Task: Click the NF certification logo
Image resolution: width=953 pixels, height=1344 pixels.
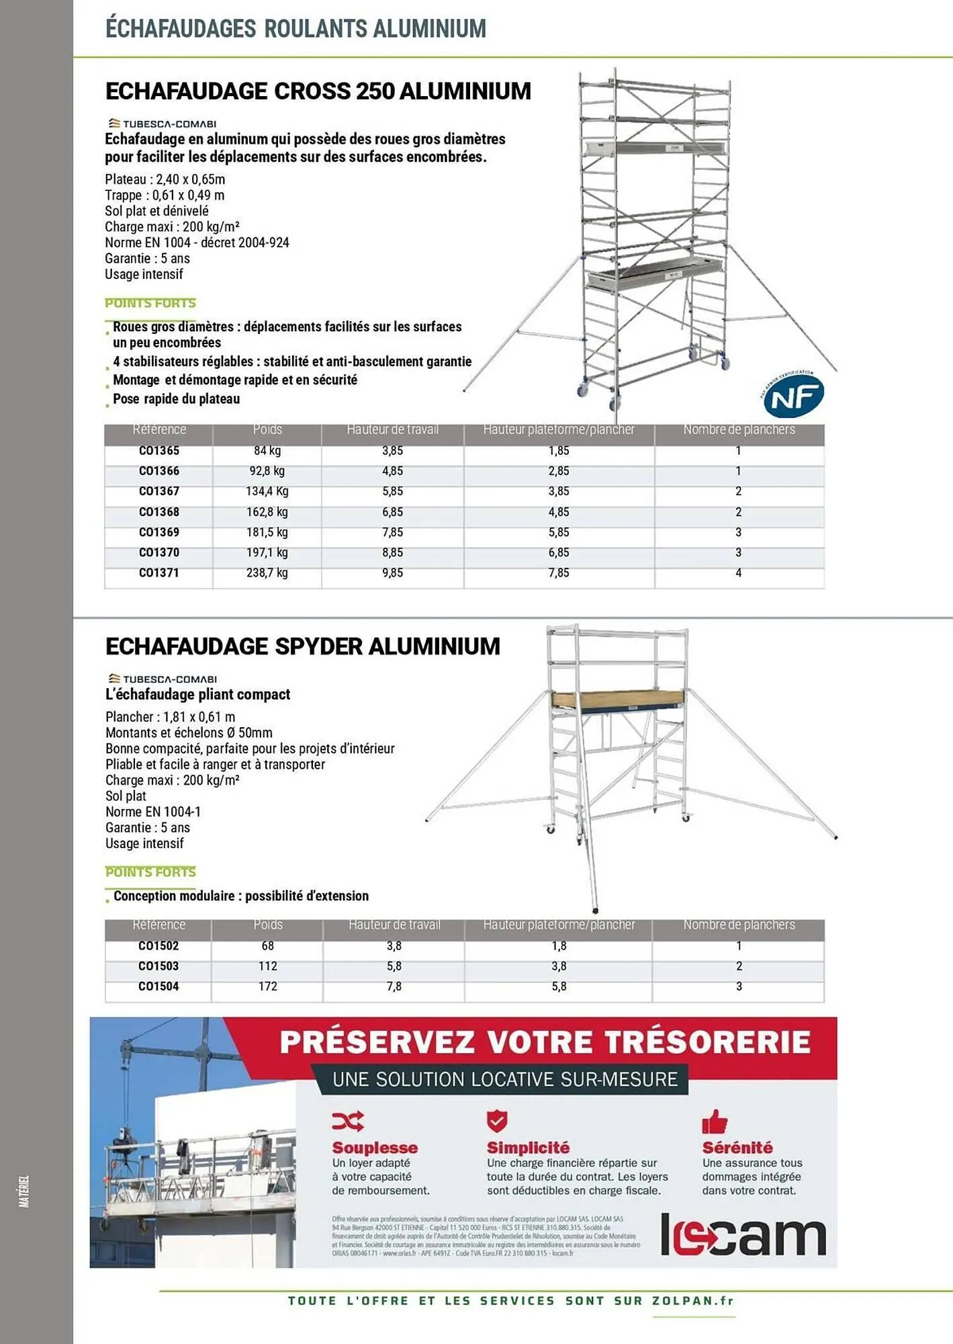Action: pos(793,396)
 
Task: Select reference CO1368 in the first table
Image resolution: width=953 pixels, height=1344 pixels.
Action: pos(159,512)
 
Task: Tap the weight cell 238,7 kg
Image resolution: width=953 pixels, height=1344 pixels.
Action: pos(267,573)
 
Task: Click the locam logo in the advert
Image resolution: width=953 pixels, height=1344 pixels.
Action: pos(743,1234)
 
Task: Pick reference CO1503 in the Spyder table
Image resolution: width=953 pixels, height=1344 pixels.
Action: pos(158,966)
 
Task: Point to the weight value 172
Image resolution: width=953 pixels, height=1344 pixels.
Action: pos(267,986)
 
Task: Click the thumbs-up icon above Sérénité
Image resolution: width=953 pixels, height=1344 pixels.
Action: pos(715,1121)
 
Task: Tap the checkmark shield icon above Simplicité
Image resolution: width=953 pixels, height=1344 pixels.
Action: pos(496,1121)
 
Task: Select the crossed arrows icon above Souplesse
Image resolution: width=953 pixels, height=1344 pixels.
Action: pos(348,1121)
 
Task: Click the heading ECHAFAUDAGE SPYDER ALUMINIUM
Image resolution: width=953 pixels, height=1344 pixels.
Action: pos(303,646)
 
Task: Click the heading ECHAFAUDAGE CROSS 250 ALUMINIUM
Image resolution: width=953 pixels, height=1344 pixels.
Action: pos(318,91)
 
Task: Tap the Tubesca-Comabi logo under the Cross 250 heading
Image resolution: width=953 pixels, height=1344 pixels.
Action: pos(162,124)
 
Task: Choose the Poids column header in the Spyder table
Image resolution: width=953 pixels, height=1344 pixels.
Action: pos(267,925)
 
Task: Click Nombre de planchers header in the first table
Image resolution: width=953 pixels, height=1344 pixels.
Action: pos(739,429)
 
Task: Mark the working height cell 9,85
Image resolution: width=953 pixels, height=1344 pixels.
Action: pos(392,573)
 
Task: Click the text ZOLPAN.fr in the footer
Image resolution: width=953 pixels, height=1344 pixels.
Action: pos(692,1300)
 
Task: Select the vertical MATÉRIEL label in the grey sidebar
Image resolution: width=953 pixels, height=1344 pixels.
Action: pos(24,1191)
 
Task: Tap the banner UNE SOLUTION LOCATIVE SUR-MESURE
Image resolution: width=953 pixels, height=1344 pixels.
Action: pos(505,1079)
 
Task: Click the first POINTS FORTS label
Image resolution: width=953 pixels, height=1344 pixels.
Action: pos(150,303)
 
